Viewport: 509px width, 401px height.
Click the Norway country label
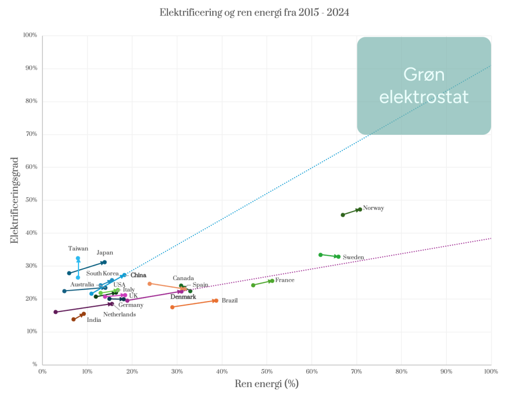[373, 208]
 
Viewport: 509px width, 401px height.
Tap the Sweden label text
[353, 257]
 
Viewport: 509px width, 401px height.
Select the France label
[285, 281]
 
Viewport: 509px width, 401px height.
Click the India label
[94, 320]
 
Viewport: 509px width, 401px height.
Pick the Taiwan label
[78, 248]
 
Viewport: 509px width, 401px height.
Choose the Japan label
[104, 253]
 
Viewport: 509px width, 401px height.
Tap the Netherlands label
[119, 314]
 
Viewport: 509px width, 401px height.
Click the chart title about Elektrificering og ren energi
[254, 13]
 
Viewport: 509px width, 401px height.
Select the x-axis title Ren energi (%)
[266, 384]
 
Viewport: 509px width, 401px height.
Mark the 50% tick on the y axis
[31, 200]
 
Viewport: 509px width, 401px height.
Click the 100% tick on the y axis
[30, 35]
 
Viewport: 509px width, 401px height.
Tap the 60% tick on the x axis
[312, 372]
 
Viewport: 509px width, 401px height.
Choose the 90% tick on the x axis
[446, 372]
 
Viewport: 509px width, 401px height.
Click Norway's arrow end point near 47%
[359, 209]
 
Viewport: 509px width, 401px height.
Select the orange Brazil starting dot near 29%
[172, 307]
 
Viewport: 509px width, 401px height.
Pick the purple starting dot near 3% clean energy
[56, 312]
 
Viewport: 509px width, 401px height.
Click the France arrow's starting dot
[254, 285]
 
